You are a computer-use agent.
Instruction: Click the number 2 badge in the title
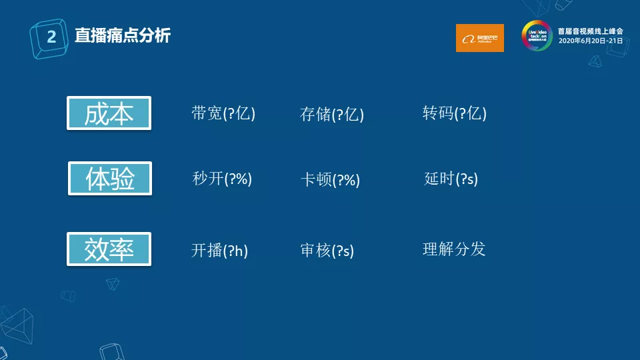tap(51, 37)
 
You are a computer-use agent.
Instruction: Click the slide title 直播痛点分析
tap(122, 36)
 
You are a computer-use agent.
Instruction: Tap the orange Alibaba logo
tap(479, 38)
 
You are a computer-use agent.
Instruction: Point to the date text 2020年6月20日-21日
tap(590, 41)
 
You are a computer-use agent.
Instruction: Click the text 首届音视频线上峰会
tap(590, 31)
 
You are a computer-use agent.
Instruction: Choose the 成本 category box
tap(109, 113)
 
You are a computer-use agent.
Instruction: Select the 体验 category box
tap(110, 179)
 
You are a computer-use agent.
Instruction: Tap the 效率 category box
tap(109, 249)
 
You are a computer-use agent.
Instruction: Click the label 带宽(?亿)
tap(223, 113)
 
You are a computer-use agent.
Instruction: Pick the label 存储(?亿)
tap(332, 114)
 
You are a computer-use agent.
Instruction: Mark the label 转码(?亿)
tap(455, 113)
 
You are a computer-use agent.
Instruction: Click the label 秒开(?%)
tap(222, 179)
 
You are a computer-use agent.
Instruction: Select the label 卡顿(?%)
tap(331, 179)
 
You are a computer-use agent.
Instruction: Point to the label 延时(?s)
tap(451, 179)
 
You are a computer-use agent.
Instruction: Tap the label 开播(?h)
tap(219, 251)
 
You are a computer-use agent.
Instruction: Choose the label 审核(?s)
tap(327, 251)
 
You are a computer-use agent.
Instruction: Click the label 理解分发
tap(454, 249)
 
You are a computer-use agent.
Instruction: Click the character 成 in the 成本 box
tap(96, 113)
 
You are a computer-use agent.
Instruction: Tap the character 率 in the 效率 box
tap(122, 249)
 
